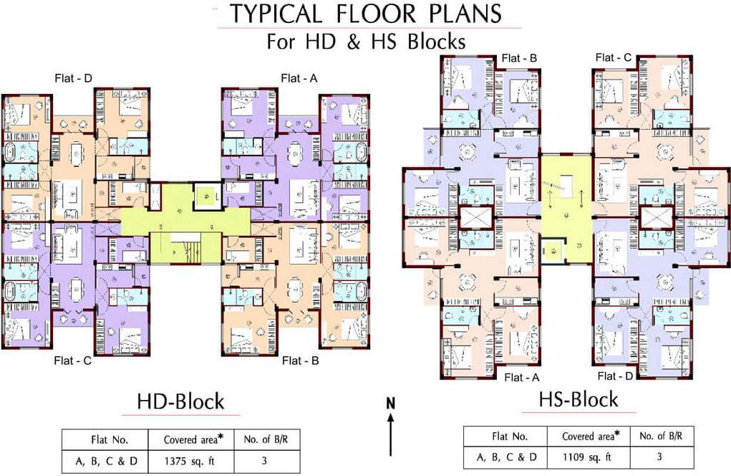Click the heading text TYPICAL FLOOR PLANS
point(365,14)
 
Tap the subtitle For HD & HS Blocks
point(366,41)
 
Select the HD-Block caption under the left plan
point(181,401)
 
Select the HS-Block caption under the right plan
point(579,399)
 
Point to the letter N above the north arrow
point(391,403)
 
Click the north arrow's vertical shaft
point(391,437)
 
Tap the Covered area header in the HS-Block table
point(589,436)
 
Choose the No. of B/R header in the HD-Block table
point(263,439)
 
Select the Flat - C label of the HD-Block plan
point(73,361)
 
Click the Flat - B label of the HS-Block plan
point(519,58)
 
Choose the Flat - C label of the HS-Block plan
point(614,57)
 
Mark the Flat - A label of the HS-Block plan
point(522,377)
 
